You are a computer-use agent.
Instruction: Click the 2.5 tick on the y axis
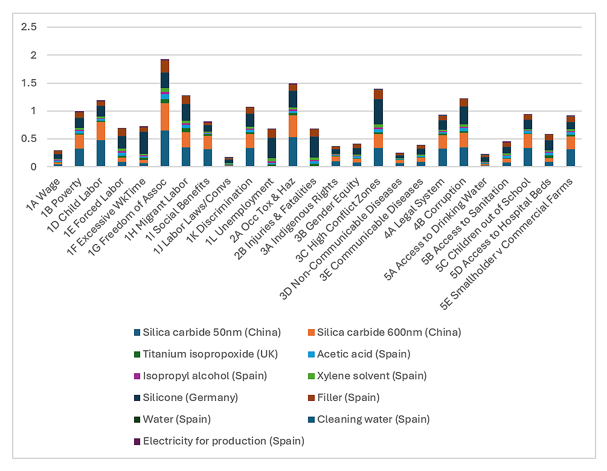[29, 27]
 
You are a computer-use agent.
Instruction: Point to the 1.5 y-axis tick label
[29, 83]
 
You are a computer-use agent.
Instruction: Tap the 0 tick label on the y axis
[33, 167]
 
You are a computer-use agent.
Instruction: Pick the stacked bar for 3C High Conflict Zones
[378, 127]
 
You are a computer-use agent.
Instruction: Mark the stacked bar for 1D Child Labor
[100, 133]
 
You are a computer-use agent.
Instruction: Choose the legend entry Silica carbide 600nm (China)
[389, 332]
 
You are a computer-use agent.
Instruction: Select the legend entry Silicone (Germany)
[190, 397]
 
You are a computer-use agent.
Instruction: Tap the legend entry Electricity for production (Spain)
[223, 441]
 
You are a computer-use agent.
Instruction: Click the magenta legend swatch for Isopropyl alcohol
[137, 376]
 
